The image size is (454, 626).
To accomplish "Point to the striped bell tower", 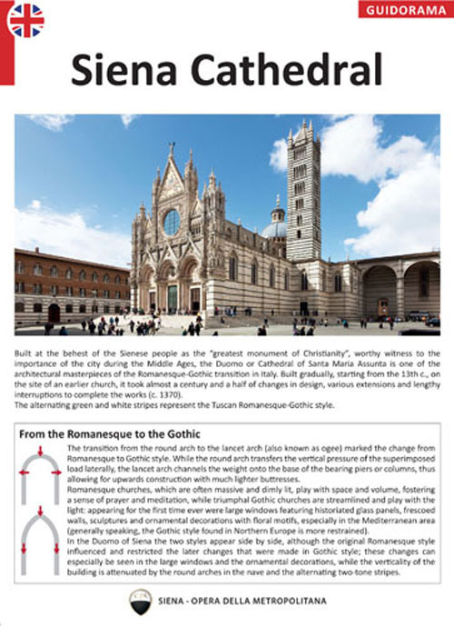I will (303, 195).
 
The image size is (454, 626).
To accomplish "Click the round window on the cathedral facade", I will (172, 222).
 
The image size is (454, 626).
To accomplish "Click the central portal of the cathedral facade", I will (172, 296).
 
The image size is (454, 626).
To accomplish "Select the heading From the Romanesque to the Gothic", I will (109, 434).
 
